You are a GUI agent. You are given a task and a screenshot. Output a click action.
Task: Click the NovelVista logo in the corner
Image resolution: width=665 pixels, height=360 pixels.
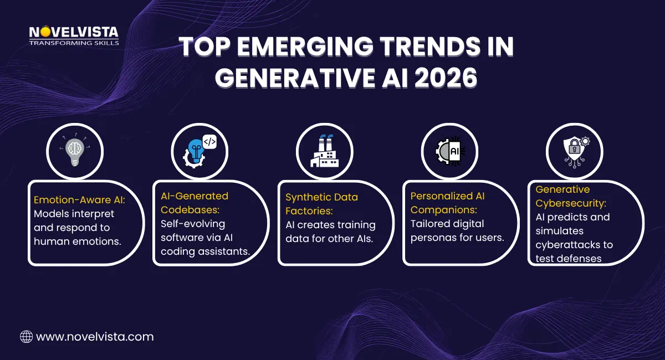[73, 33]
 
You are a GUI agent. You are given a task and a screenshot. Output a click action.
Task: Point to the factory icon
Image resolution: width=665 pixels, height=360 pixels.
[324, 151]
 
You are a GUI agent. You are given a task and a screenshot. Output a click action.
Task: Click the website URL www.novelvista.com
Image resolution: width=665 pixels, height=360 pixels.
[95, 336]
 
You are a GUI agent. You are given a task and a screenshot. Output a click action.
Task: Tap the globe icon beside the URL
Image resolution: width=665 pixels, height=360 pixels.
[26, 336]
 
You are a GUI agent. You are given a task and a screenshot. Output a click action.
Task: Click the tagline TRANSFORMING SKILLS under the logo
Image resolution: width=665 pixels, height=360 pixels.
[74, 43]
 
